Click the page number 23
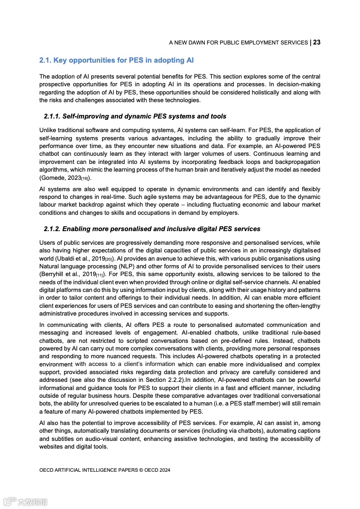tap(317, 42)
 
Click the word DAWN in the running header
tap(196, 43)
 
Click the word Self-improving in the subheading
tap(84, 116)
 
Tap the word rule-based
tap(306, 332)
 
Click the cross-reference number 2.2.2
tap(175, 380)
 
